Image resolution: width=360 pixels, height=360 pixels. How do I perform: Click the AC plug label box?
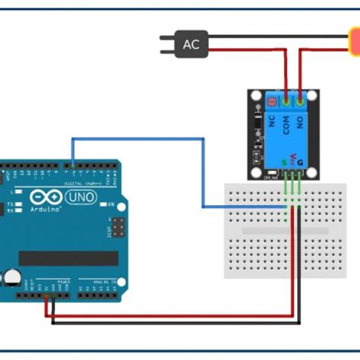coord(191,44)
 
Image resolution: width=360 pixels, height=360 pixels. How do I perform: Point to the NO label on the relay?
coord(302,122)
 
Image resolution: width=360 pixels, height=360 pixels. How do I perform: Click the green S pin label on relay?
coord(285,161)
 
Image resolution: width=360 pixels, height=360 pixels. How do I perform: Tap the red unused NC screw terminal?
coord(270,99)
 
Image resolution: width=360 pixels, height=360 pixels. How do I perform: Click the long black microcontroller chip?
coord(68,258)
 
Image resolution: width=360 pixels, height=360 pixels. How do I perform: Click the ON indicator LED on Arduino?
coord(110,206)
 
